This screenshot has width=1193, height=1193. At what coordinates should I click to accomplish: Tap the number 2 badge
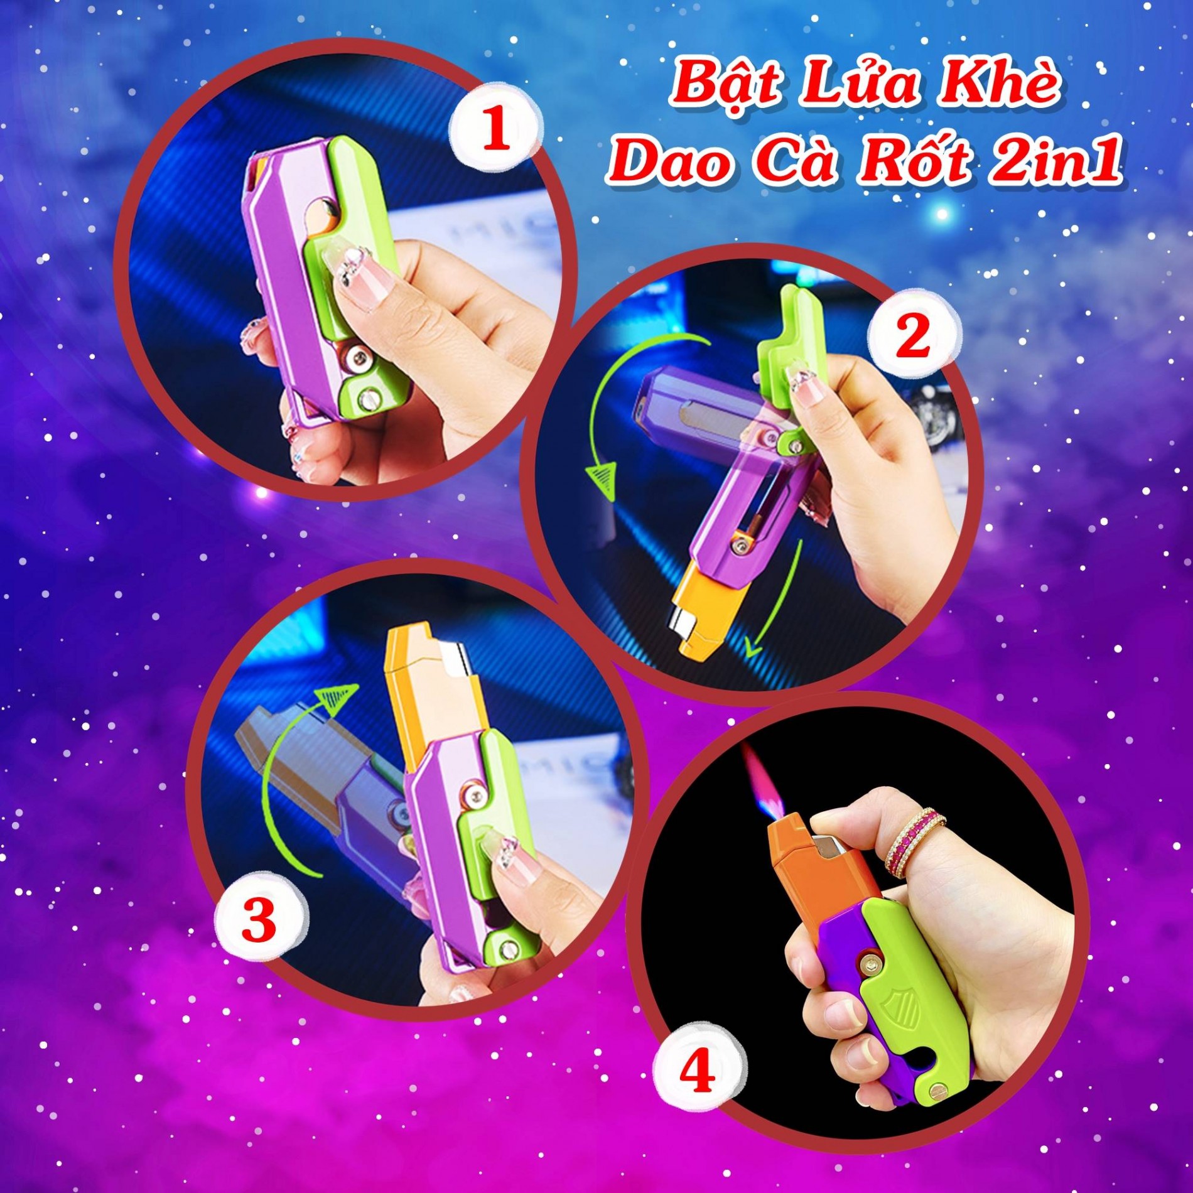pyautogui.click(x=914, y=337)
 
